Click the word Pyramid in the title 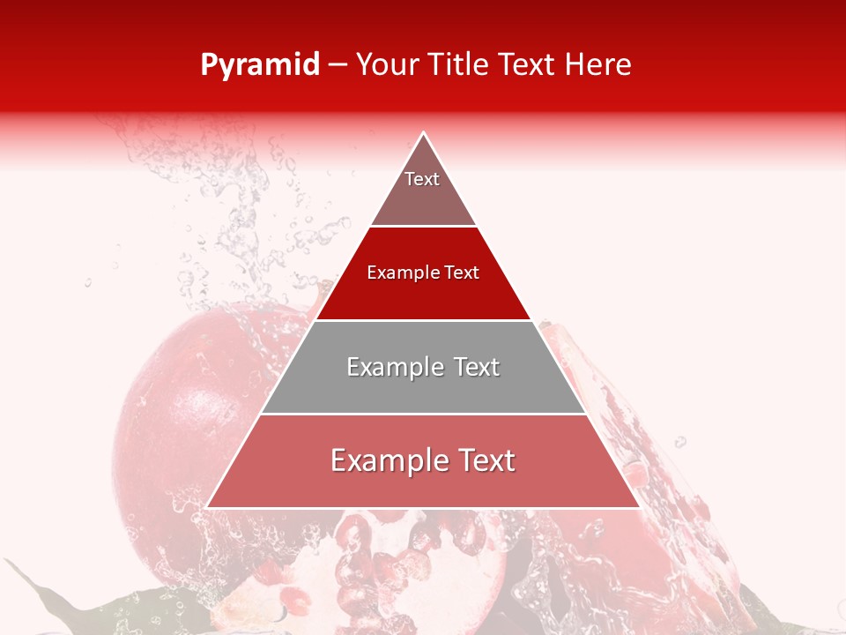(260, 65)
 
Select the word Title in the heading (465, 65)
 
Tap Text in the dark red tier (461, 273)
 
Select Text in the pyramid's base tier (486, 460)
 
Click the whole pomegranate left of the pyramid (176, 415)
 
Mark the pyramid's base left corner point (206, 507)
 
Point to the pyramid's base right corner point (640, 507)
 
